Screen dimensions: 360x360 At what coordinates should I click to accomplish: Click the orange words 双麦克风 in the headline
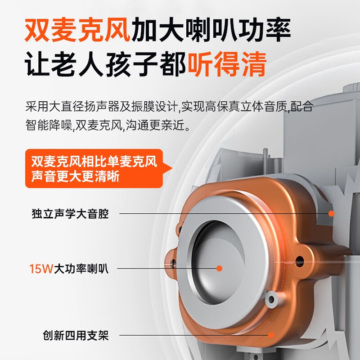pyautogui.click(x=77, y=30)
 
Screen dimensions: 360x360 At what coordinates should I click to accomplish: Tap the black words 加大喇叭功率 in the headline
pyautogui.click(x=211, y=30)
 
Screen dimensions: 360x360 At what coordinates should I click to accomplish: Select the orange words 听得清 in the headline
pyautogui.click(x=227, y=64)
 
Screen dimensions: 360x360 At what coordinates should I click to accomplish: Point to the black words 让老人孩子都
pyautogui.click(x=106, y=64)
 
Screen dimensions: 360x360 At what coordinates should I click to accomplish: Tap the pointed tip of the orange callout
pyautogui.click(x=172, y=168)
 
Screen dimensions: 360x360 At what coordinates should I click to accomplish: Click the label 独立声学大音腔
pyautogui.click(x=70, y=213)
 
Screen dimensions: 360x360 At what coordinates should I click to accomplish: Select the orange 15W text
pyautogui.click(x=41, y=268)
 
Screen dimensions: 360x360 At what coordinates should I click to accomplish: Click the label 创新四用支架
pyautogui.click(x=76, y=335)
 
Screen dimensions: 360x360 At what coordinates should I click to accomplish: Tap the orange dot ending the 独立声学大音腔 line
pyautogui.click(x=331, y=213)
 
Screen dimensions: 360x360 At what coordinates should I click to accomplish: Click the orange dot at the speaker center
pyautogui.click(x=219, y=268)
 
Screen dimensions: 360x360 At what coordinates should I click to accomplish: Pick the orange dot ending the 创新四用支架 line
pyautogui.click(x=271, y=335)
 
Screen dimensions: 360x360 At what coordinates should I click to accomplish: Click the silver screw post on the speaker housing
pyautogui.click(x=272, y=299)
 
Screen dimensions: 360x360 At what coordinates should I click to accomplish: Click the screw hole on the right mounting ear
pyautogui.click(x=300, y=261)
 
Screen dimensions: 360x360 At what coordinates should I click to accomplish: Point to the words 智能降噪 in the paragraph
pyautogui.click(x=49, y=125)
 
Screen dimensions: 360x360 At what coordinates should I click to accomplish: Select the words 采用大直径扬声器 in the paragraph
pyautogui.click(x=72, y=107)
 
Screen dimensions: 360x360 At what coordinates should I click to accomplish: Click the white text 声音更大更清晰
pyautogui.click(x=75, y=177)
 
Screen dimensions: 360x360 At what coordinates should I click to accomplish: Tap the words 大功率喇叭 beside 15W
pyautogui.click(x=81, y=268)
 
